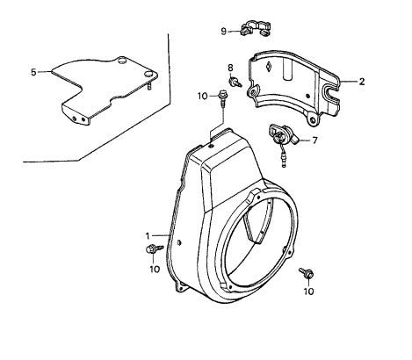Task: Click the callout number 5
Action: (x=33, y=72)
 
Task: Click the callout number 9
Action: (x=223, y=31)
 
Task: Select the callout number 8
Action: (x=230, y=68)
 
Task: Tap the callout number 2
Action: (x=362, y=82)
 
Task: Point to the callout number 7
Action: (x=314, y=140)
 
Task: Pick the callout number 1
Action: (x=148, y=236)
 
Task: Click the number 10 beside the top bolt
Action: (x=203, y=96)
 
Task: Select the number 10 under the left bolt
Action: (x=155, y=269)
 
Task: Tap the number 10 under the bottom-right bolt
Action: (x=308, y=292)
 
